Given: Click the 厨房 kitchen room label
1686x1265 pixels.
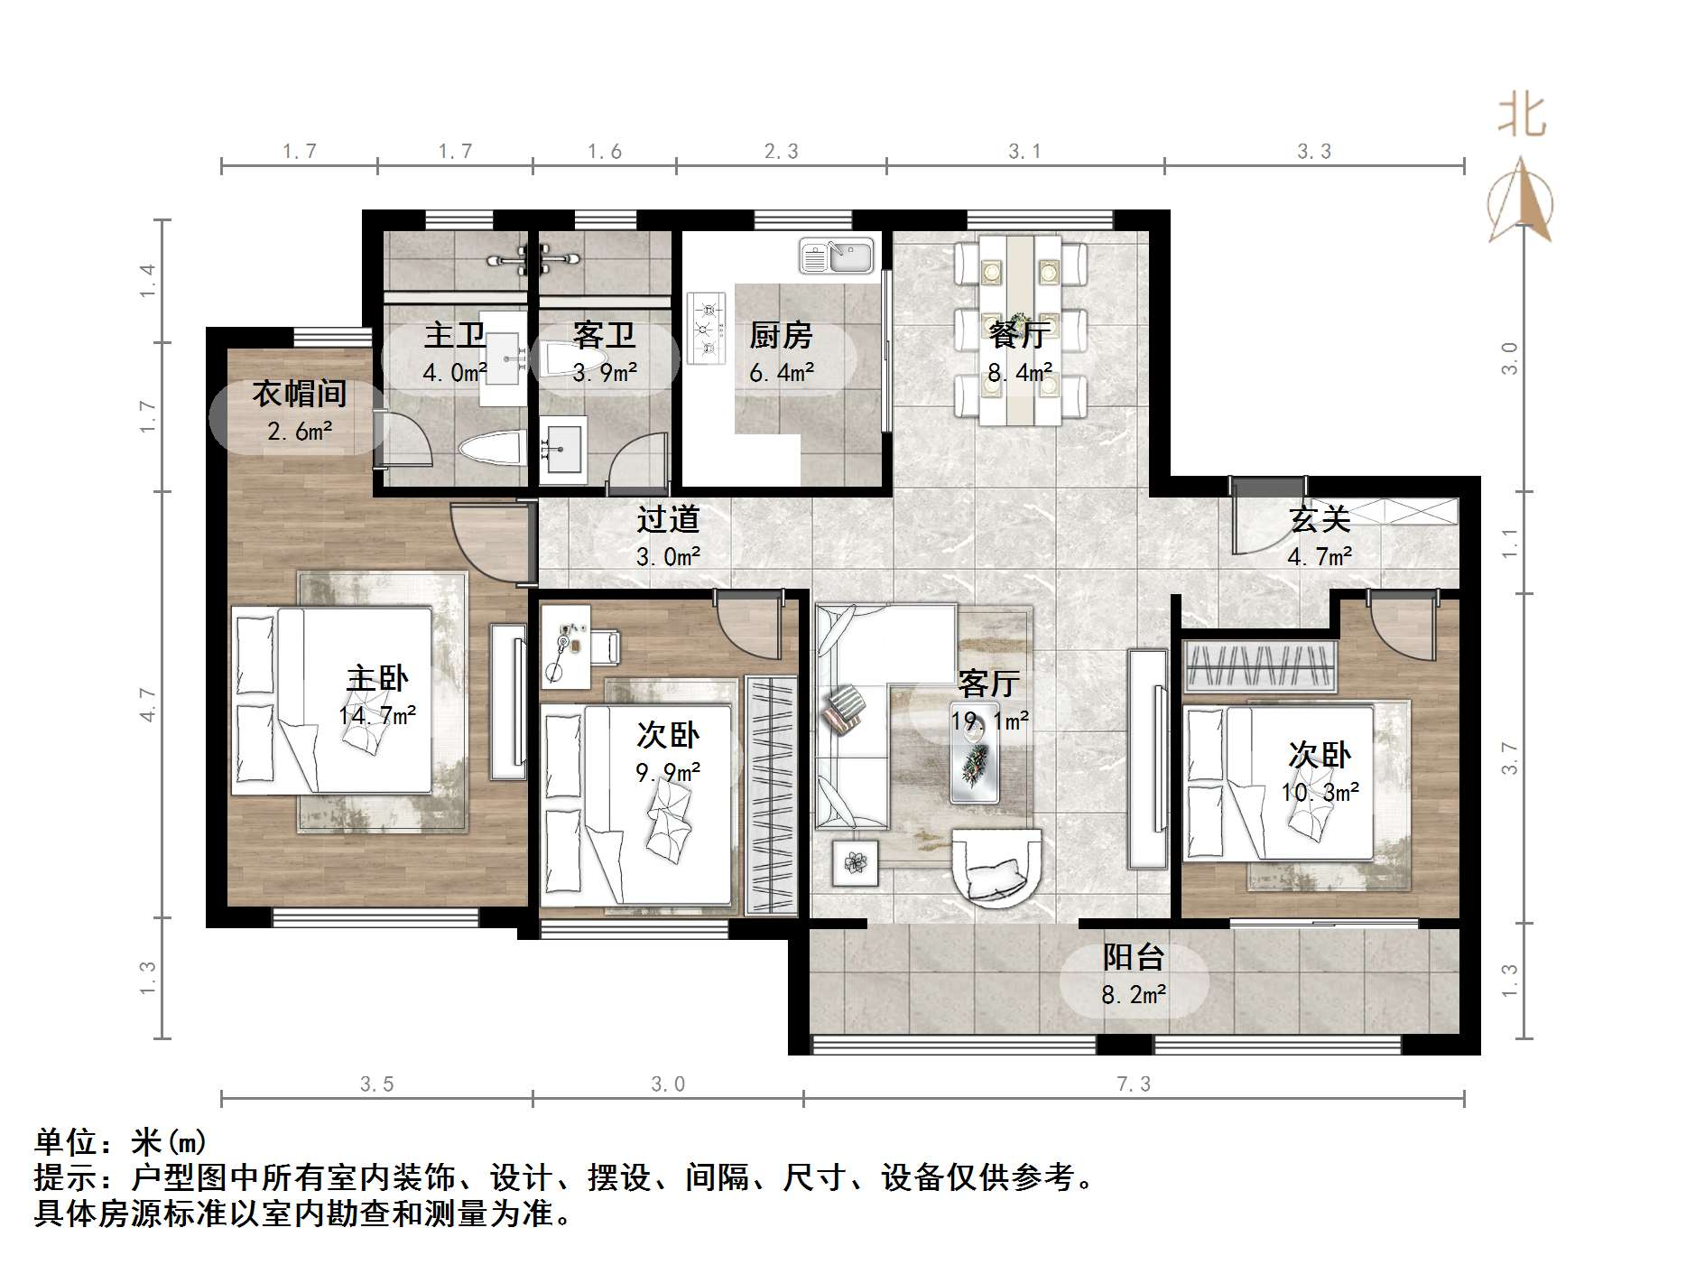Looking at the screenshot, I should click(780, 336).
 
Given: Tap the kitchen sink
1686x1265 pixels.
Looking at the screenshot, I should click(837, 256).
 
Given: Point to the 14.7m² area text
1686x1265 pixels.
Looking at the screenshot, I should click(377, 716).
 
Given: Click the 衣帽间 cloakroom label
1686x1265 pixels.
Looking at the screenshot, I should click(299, 394).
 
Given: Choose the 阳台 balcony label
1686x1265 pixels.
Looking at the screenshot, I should click(1134, 957).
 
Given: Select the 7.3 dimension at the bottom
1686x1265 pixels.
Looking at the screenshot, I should click(1134, 1084).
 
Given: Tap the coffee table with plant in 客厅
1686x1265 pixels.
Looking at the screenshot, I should click(974, 764).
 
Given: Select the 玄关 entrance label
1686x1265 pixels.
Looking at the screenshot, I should click(1320, 519).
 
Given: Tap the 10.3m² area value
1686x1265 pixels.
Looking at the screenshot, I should click(1320, 793).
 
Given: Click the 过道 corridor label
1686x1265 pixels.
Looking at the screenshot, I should click(668, 519).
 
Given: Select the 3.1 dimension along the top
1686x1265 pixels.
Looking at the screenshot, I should click(1024, 152).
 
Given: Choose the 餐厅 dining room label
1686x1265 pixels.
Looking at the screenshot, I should click(1019, 336).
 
